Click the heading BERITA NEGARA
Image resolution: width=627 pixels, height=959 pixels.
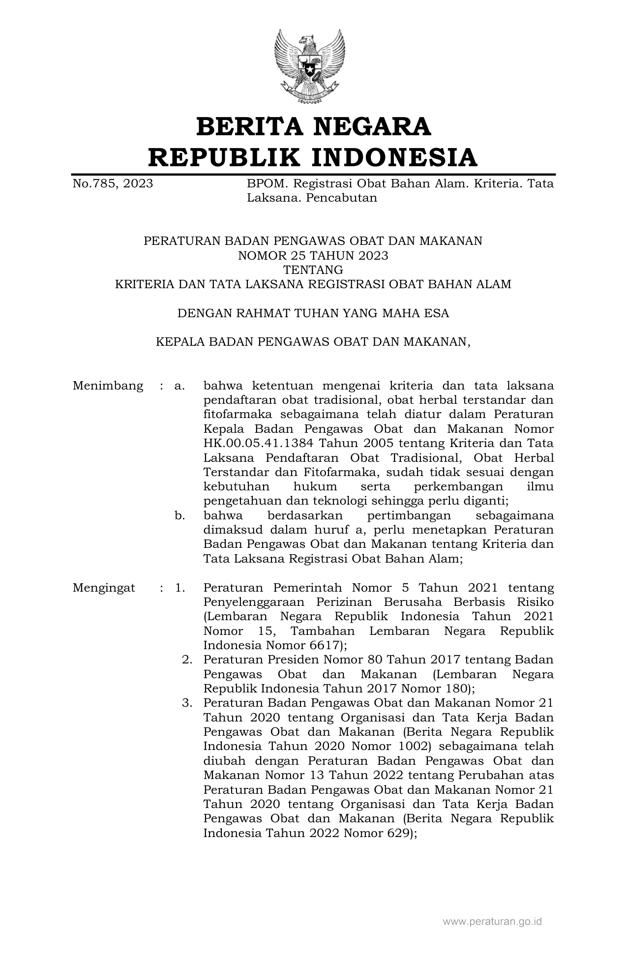(x=313, y=126)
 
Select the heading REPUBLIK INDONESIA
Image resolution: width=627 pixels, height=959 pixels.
(x=313, y=157)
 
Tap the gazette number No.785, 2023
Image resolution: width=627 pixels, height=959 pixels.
(x=113, y=184)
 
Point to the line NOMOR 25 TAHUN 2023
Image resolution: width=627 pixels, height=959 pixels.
(x=313, y=255)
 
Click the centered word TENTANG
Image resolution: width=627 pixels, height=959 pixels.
(x=313, y=270)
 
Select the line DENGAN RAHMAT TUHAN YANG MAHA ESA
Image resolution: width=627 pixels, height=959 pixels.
(x=313, y=313)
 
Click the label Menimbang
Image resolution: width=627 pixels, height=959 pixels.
(x=108, y=386)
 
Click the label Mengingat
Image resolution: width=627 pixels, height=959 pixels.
(x=104, y=588)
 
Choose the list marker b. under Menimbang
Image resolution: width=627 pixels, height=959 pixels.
(x=179, y=515)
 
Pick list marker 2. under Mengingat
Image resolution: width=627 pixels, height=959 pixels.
(x=186, y=659)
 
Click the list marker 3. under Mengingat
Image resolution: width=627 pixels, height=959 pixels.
(x=186, y=703)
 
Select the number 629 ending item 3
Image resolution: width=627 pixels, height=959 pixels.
(x=399, y=833)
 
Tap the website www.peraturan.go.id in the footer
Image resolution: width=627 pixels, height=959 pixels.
(x=492, y=921)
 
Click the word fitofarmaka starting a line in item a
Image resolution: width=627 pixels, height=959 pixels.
(x=231, y=414)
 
